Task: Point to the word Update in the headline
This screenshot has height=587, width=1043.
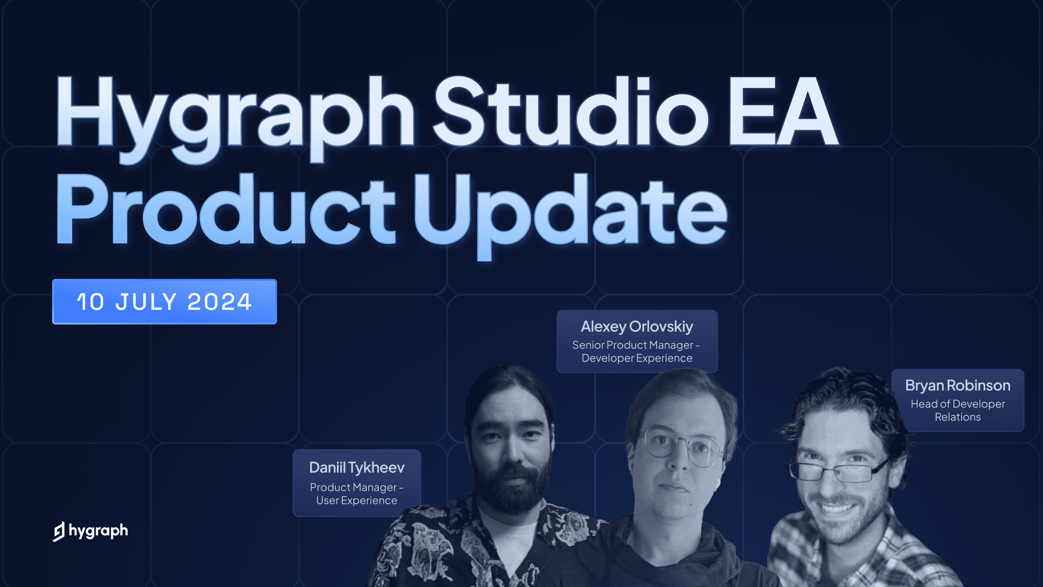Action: [570, 212]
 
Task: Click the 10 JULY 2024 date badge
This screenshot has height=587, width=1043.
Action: [164, 302]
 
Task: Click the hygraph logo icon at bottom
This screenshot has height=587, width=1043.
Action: [59, 531]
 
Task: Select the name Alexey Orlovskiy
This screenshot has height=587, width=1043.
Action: [637, 327]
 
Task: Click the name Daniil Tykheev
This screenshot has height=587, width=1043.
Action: [356, 468]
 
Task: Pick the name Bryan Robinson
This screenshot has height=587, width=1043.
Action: [957, 385]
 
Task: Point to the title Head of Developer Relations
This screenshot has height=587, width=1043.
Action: [957, 410]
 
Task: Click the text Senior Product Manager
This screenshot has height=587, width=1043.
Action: [632, 345]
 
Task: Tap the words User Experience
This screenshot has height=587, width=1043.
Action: [356, 501]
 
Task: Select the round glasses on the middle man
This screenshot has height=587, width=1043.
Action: [680, 446]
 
